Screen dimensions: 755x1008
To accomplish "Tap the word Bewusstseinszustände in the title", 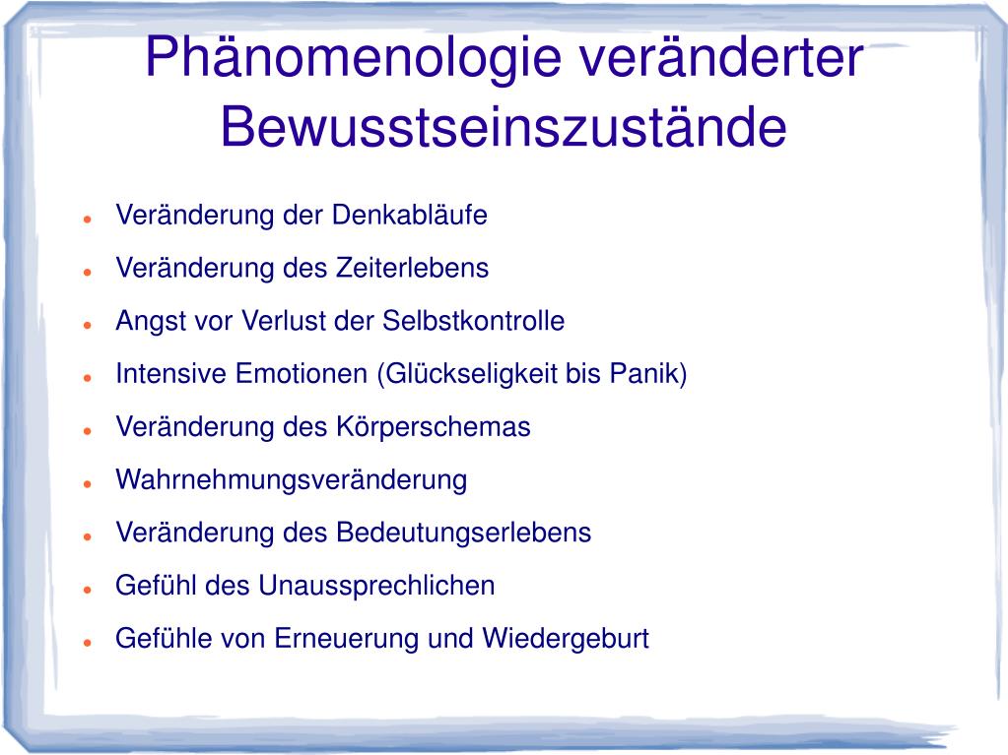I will pos(504,129).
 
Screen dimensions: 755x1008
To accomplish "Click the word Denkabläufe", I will pos(410,216).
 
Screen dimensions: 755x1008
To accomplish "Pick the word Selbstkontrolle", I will pos(473,321).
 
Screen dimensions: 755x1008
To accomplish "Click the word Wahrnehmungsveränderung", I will pos(292,480).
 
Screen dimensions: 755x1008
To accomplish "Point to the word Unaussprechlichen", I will pos(376,586).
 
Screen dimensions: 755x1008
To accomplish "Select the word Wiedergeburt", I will pos(566,639).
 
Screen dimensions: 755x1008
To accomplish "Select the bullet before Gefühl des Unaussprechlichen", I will pos(88,589).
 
